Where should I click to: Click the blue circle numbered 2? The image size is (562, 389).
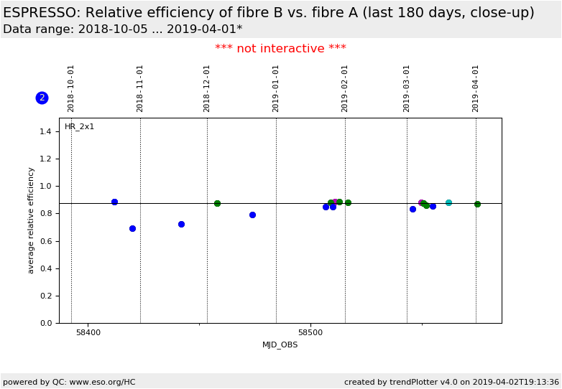pos(42,98)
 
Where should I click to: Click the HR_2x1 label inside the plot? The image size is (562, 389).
pos(80,127)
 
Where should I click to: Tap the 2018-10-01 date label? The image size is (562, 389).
pos(71,88)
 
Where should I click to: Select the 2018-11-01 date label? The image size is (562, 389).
pos(140,88)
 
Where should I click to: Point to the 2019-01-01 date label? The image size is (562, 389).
pos(276,88)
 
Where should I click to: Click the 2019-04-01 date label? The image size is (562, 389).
pos(476,88)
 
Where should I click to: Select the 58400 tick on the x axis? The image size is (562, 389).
pos(88,333)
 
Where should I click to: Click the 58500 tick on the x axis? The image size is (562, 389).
pos(310,333)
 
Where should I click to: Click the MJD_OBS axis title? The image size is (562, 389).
pos(280,345)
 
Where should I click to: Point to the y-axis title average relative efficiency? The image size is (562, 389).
pos(31,220)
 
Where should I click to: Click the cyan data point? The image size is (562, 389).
pos(448,202)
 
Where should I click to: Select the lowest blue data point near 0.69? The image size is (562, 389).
pos(132,228)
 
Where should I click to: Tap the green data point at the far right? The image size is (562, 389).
pos(477,204)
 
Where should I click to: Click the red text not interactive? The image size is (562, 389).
pos(280,49)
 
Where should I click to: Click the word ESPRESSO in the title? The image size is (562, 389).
pos(40,13)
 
